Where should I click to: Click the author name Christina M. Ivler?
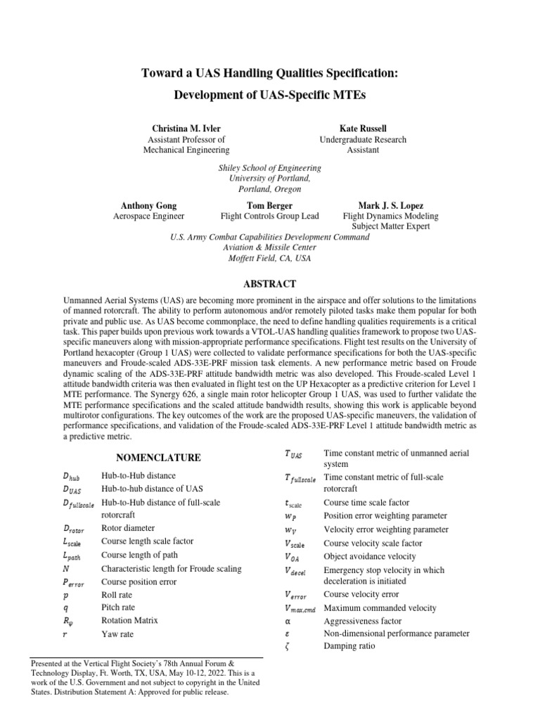point(186,129)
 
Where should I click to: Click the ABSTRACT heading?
point(269,284)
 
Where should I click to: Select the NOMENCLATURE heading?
point(158,458)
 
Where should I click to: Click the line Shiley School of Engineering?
point(270,169)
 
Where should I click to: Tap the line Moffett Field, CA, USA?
point(270,258)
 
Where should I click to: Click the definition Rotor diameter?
point(128,528)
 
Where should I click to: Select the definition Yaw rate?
point(117,634)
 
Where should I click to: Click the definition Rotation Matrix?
point(130,621)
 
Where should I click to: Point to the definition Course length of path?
point(140,555)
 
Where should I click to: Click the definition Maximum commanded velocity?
point(380,608)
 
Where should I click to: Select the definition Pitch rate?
point(118,607)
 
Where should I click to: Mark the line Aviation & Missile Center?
point(270,247)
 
